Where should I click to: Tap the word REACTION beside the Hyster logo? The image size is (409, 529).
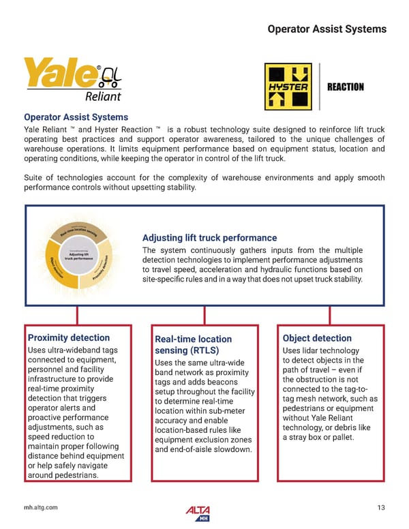346,87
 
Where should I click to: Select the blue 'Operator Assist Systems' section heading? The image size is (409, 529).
76,117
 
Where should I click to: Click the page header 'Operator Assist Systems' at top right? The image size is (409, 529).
327,29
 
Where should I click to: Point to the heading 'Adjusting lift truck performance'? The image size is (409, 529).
209,238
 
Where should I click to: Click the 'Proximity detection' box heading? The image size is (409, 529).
68,337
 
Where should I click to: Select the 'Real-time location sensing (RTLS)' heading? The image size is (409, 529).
194,345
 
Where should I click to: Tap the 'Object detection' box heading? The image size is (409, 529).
317,338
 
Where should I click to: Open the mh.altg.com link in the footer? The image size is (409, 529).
40,507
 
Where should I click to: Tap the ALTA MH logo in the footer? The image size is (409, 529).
198,512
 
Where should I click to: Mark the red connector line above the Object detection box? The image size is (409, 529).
330,315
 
